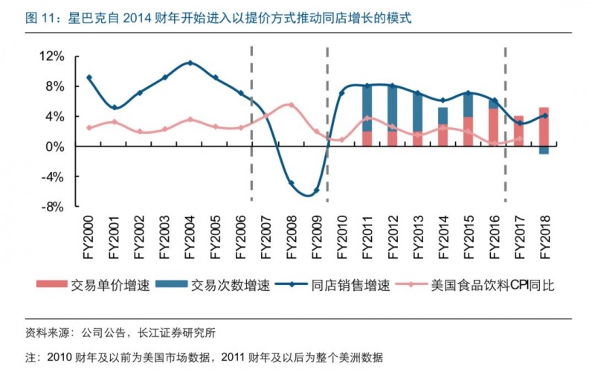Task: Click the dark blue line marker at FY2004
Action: coord(190,62)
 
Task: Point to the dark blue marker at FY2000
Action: coord(89,77)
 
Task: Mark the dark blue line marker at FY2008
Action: coord(291,183)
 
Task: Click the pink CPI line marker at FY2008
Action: coord(291,105)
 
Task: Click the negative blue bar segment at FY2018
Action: coord(544,150)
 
